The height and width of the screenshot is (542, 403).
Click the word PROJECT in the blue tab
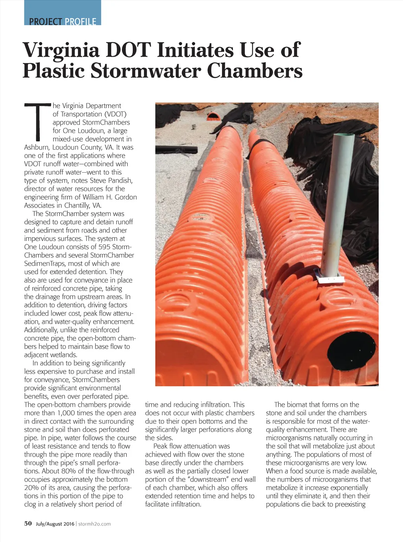(x=45, y=22)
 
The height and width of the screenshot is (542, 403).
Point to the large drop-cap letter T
(x=38, y=122)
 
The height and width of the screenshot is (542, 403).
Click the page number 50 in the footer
(x=28, y=523)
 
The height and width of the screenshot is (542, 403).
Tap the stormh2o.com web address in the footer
(x=94, y=524)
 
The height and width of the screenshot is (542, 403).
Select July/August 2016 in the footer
(x=55, y=524)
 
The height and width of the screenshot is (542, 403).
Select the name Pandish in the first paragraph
(x=121, y=181)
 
